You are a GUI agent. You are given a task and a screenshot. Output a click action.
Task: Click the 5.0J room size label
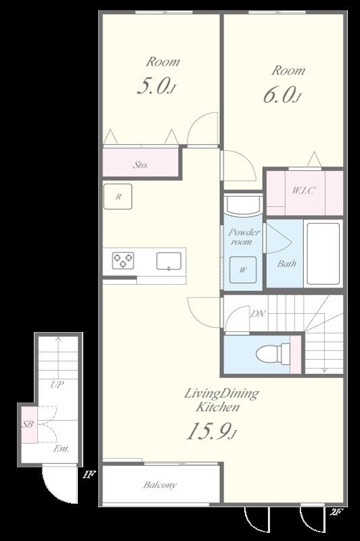pos(157,86)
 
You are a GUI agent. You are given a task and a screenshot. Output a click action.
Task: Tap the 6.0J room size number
pos(282,95)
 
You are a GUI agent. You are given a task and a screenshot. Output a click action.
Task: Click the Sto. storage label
pos(141,165)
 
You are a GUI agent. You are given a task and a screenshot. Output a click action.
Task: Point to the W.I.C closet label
pos(303,190)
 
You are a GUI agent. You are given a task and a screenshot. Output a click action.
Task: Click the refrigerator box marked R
pos(118,197)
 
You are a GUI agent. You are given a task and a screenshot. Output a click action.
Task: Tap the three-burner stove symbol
pos(123,260)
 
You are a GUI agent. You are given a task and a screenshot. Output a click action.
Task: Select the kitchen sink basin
pos(168,261)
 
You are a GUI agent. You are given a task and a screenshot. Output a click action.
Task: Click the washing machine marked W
pos(243,270)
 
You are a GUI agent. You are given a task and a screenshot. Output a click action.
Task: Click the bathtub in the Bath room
pos(323,254)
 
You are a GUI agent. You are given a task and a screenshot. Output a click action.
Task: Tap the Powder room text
pos(244,237)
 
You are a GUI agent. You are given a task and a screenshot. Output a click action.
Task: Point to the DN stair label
pos(258,314)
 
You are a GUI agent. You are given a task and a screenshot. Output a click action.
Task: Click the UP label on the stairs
pos(57,385)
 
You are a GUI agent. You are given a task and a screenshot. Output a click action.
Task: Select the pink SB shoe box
pos(29,425)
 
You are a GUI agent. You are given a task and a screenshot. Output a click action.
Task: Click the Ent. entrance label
pos(62,448)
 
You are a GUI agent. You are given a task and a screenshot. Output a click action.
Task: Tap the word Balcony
pos(160,485)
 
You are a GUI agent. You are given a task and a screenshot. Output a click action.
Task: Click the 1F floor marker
pos(89,475)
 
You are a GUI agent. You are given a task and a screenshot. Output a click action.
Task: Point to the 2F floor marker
pos(336,512)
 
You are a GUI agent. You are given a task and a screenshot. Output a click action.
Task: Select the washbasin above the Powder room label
pos(243,205)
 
